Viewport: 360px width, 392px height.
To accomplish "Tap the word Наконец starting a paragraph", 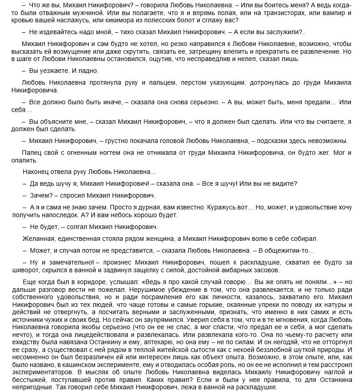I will pyautogui.click(x=36, y=173).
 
